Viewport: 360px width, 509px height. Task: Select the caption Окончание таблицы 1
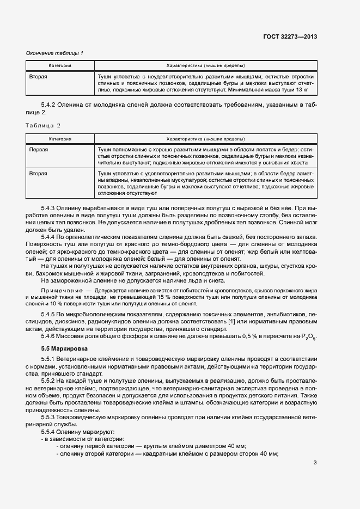coord(54,53)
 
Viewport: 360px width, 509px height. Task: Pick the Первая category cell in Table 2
coord(39,149)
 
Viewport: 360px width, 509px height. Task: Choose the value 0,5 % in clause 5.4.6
coord(248,337)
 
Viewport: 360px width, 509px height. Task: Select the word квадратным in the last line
coord(152,453)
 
